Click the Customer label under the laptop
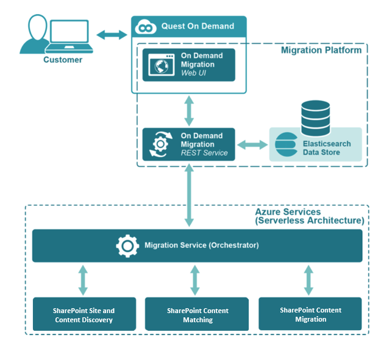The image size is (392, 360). (62, 60)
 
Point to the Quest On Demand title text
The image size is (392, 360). (198, 26)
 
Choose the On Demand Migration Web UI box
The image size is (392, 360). (188, 65)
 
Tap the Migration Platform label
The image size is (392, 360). (321, 50)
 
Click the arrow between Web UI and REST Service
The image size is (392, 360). (188, 110)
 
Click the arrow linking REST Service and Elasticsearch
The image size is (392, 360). (252, 144)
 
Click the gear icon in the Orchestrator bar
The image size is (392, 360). (127, 245)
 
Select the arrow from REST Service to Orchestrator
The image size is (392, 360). (188, 196)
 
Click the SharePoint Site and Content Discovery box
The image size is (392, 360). (84, 315)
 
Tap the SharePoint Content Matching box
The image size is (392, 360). (197, 315)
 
